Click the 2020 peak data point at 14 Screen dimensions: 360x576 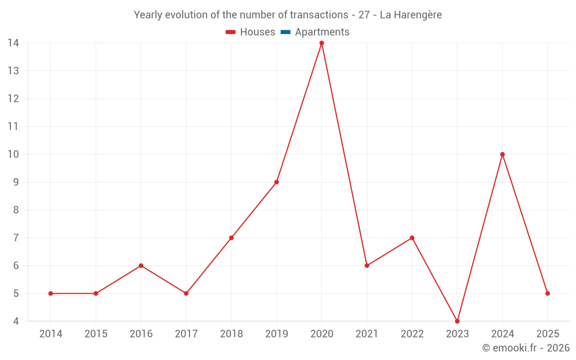click(321, 43)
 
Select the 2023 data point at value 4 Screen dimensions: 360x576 click(457, 321)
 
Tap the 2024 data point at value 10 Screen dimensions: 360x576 click(502, 154)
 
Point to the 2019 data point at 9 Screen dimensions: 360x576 click(276, 182)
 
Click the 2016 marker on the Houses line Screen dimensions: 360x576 click(141, 266)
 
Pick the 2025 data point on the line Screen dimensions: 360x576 click(547, 293)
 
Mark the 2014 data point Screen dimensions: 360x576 click(51, 293)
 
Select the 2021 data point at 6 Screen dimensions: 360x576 click(367, 266)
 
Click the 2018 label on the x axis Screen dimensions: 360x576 click(231, 334)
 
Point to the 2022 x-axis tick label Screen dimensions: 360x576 click(412, 334)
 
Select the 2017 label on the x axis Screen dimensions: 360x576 click(186, 334)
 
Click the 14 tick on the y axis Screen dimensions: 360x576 click(13, 43)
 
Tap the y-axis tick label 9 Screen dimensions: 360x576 click(16, 182)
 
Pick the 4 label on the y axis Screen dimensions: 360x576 click(16, 321)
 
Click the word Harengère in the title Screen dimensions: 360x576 click(417, 15)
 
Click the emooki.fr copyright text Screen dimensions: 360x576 click(526, 348)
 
